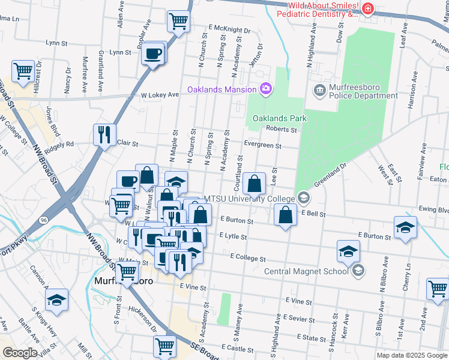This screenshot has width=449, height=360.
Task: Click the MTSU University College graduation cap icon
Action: point(304,199)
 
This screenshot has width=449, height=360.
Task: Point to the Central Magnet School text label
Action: point(306,271)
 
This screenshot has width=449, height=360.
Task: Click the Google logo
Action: point(19,352)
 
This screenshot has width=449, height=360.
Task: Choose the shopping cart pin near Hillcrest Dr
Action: point(23,71)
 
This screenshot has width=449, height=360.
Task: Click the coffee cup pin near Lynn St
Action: point(154,54)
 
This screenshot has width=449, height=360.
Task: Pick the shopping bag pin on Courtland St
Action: point(255,184)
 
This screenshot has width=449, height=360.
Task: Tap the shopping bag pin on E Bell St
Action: point(285,214)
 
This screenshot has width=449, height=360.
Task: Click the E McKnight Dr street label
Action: point(229,29)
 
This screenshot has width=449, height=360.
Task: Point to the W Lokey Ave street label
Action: point(160,95)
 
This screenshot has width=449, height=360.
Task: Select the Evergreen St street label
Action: point(262,145)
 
